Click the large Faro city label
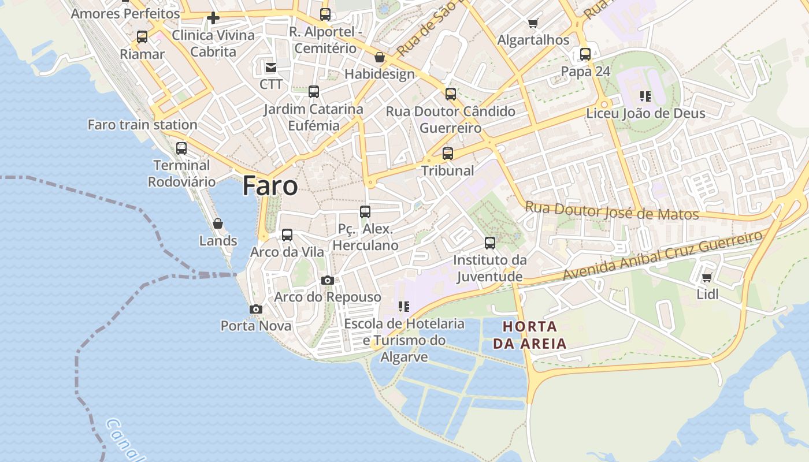tap(270, 186)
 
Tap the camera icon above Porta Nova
tap(256, 310)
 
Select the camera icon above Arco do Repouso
tap(328, 281)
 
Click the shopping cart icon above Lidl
tap(707, 278)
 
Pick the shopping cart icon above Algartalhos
tap(533, 24)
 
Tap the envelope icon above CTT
tap(270, 68)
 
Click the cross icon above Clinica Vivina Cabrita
tap(213, 18)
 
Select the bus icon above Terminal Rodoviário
tap(181, 148)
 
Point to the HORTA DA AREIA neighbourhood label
tap(529, 335)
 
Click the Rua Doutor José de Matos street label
tap(611, 211)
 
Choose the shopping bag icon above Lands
tap(218, 223)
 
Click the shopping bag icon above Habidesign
tap(380, 57)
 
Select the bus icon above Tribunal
tap(448, 154)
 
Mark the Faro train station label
tap(142, 125)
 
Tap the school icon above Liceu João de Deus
tap(645, 96)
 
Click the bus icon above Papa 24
tap(585, 54)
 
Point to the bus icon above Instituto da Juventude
tap(490, 243)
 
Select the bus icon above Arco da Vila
tap(287, 235)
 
